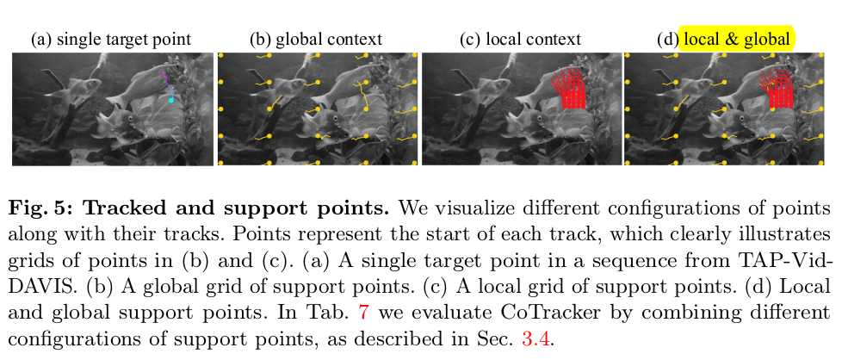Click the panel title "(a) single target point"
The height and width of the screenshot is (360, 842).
click(x=110, y=40)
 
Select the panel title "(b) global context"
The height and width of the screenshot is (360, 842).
click(x=316, y=40)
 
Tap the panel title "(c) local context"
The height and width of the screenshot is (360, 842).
click(x=520, y=40)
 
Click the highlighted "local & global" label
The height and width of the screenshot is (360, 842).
click(x=737, y=40)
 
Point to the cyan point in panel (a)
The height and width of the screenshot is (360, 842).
click(x=170, y=101)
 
